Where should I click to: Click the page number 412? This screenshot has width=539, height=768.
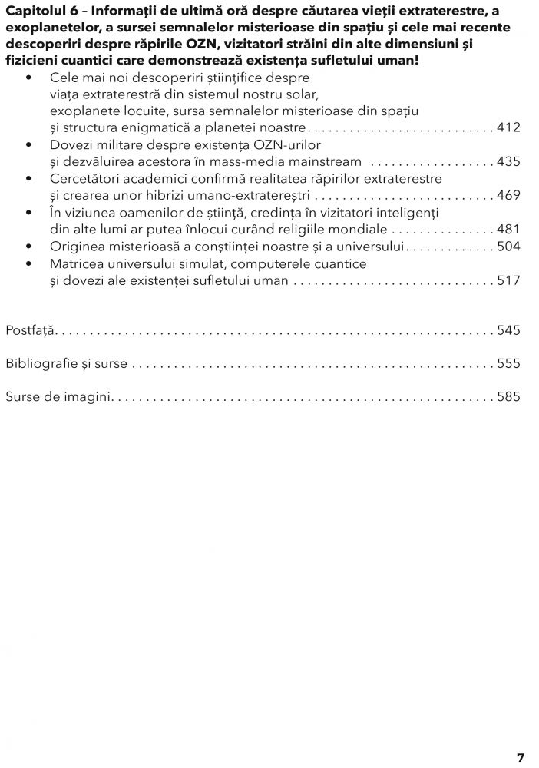508,127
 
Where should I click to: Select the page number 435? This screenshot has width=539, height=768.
508,161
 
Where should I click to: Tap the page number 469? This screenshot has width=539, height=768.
508,195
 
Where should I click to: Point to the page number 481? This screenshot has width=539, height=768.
508,229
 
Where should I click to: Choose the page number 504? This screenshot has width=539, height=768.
508,246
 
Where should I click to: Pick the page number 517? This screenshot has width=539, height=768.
508,280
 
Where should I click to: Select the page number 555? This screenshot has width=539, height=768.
508,363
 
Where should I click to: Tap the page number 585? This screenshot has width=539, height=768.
508,397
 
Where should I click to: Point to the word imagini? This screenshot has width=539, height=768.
90,397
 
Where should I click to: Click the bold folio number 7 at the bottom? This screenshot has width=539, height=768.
521,757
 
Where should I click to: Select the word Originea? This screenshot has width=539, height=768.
76,247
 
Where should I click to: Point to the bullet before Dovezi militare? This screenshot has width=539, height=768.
29,145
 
